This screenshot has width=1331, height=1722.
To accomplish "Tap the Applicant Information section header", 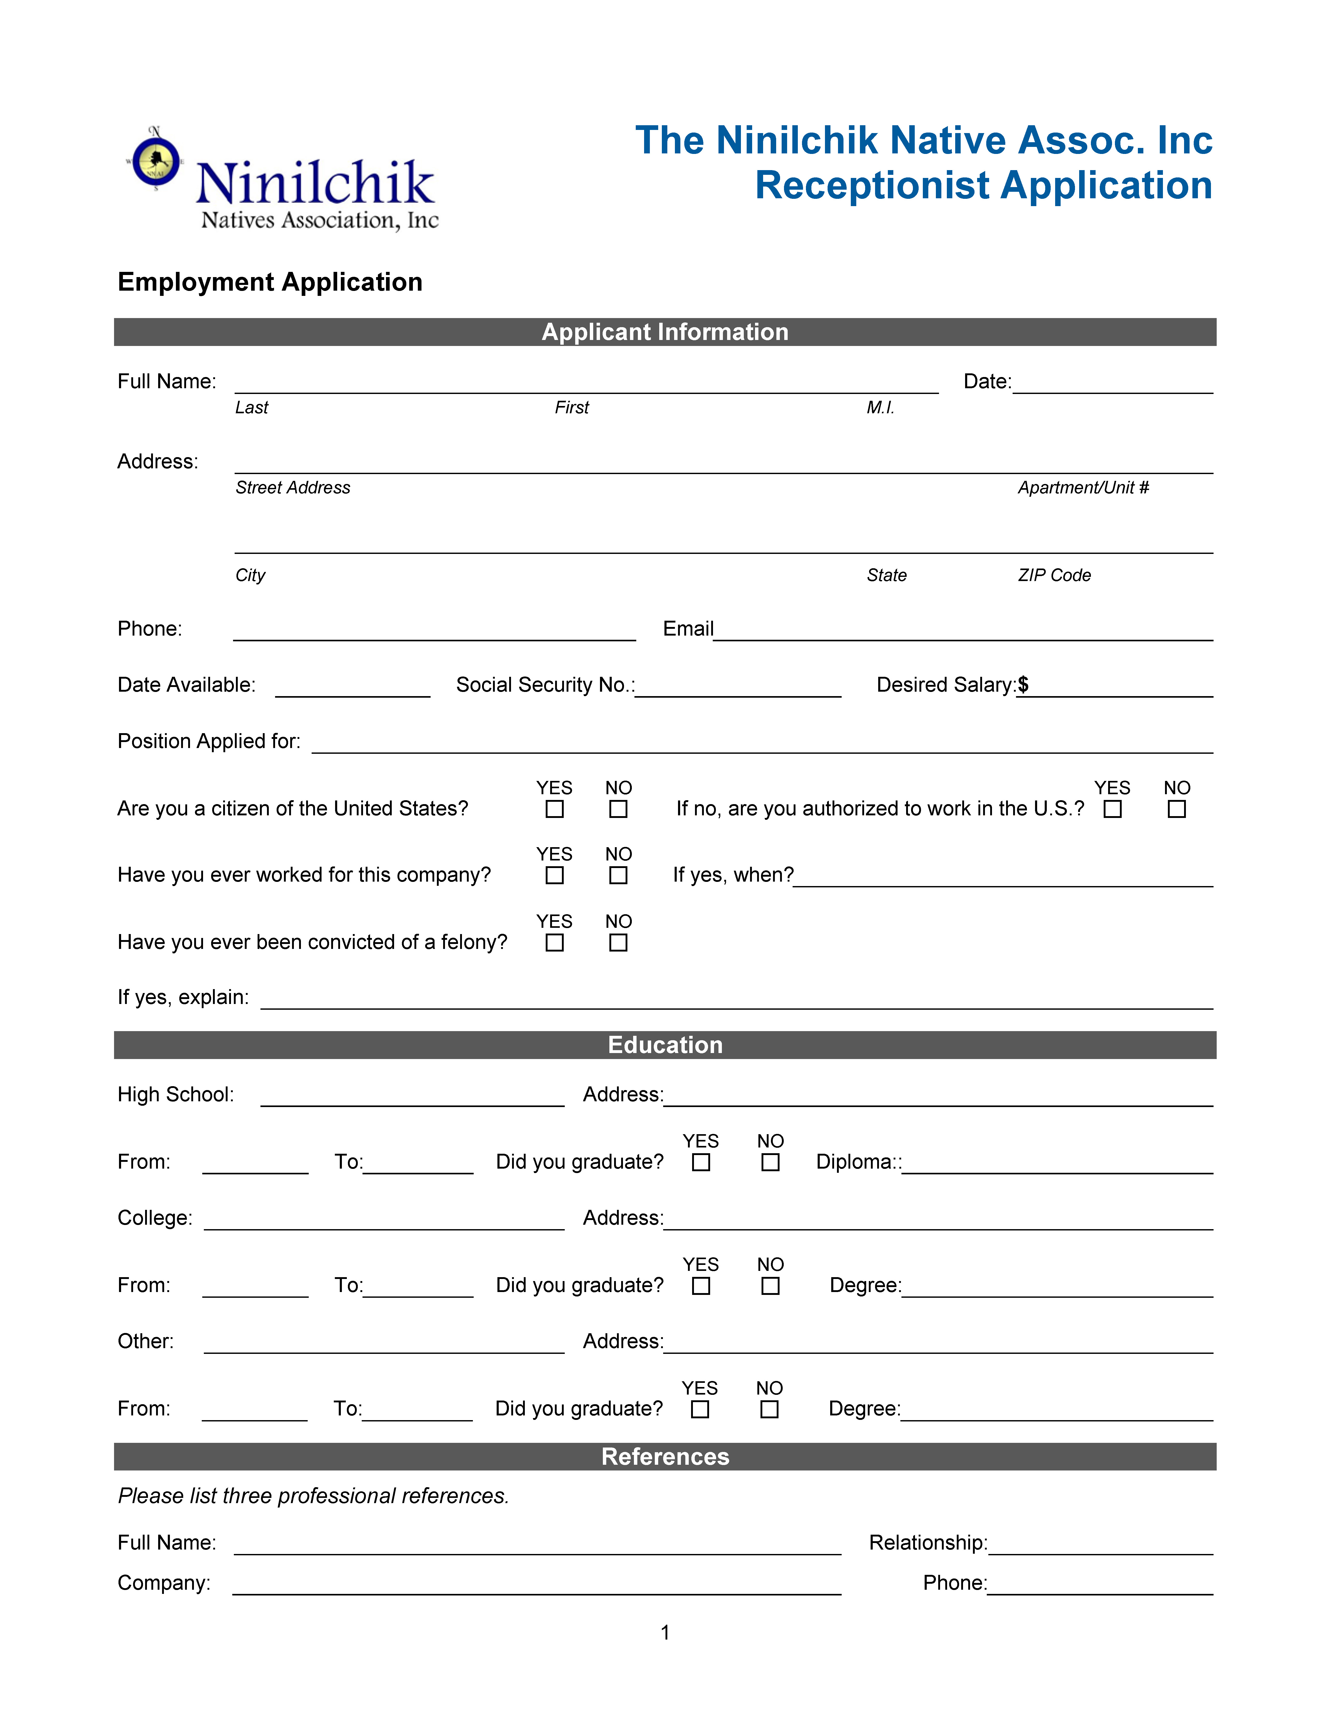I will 665,332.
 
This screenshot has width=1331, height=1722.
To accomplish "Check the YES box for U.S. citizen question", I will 555,809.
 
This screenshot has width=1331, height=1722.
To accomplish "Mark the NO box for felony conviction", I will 618,943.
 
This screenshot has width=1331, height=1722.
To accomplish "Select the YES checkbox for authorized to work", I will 1113,809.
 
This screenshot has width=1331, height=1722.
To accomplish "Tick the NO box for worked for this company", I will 618,875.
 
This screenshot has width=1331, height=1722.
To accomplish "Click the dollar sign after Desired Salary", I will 1023,684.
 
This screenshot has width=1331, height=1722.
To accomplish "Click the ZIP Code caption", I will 1054,576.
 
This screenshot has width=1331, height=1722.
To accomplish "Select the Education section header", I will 665,1045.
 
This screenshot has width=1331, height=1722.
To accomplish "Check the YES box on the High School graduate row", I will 701,1162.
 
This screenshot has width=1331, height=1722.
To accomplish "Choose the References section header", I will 665,1456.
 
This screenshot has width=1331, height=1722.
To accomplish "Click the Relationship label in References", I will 927,1542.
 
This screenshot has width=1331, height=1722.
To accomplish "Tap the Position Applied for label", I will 209,741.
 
